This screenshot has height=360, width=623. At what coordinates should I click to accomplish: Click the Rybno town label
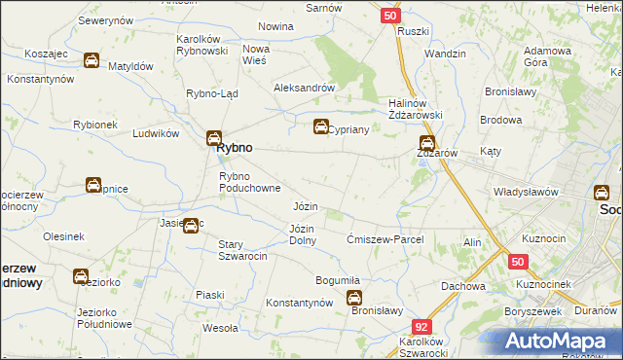pyautogui.click(x=235, y=147)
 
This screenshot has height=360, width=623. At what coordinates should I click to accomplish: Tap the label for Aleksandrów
pyautogui.click(x=305, y=87)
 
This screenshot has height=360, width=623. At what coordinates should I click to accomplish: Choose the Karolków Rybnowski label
pyautogui.click(x=202, y=45)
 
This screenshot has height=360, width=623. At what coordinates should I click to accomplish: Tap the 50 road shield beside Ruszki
pyautogui.click(x=389, y=16)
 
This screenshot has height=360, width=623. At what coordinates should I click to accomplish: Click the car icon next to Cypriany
pyautogui.click(x=320, y=126)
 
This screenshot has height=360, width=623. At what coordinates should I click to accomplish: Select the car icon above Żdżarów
pyautogui.click(x=426, y=142)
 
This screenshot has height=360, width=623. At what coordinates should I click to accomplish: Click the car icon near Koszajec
pyautogui.click(x=91, y=60)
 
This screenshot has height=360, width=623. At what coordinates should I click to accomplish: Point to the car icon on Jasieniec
pyautogui.click(x=193, y=226)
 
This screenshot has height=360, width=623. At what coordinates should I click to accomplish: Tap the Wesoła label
pyautogui.click(x=220, y=328)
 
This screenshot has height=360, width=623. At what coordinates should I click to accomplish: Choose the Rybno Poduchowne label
pyautogui.click(x=250, y=182)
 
